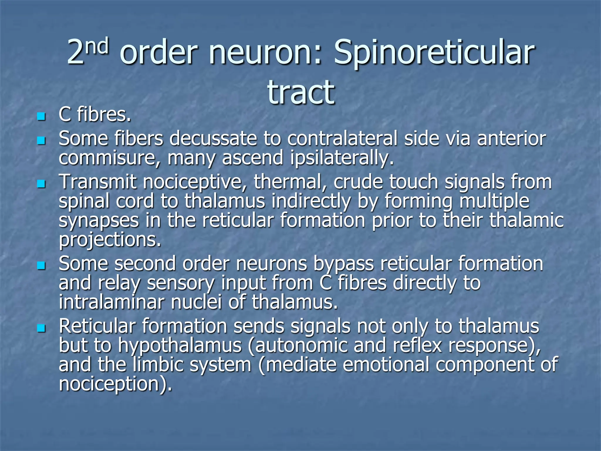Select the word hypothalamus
click(x=180, y=346)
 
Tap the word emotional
click(x=386, y=365)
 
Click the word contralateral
click(x=342, y=139)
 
